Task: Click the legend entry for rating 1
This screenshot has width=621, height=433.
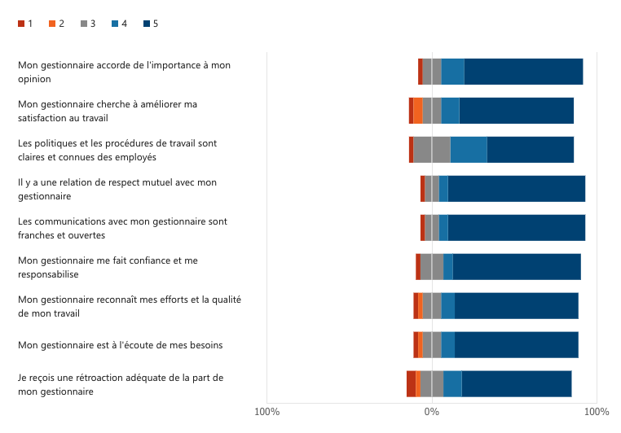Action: click(x=25, y=24)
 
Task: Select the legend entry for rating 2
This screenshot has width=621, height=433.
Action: click(x=56, y=24)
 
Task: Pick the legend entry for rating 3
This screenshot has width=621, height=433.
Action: click(x=87, y=24)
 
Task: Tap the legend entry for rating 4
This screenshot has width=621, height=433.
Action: click(x=118, y=24)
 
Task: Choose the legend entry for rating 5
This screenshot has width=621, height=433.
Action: click(x=150, y=24)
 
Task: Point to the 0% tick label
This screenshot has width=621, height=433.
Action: click(x=432, y=411)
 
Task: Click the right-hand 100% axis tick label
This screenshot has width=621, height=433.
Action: click(x=597, y=411)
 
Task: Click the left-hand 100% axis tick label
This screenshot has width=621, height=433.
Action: click(x=267, y=411)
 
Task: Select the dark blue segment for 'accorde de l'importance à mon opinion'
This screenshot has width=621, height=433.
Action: click(x=523, y=72)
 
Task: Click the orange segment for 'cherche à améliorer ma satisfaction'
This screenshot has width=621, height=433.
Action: click(x=418, y=111)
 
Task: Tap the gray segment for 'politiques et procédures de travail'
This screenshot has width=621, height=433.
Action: click(x=432, y=150)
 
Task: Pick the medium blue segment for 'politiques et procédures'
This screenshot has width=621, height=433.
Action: click(x=469, y=150)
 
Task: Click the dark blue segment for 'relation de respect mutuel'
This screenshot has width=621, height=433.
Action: click(x=516, y=189)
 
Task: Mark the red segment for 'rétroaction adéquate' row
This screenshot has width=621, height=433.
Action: click(x=412, y=383)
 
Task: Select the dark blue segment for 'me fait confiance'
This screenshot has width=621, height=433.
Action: click(x=517, y=266)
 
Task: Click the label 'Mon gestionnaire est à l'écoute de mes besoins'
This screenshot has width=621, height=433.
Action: click(x=121, y=345)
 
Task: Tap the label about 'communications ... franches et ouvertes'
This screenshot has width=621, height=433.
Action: click(x=122, y=228)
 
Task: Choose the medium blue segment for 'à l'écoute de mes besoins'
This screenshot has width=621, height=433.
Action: click(x=448, y=344)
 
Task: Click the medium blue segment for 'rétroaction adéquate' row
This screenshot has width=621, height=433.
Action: click(x=452, y=383)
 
